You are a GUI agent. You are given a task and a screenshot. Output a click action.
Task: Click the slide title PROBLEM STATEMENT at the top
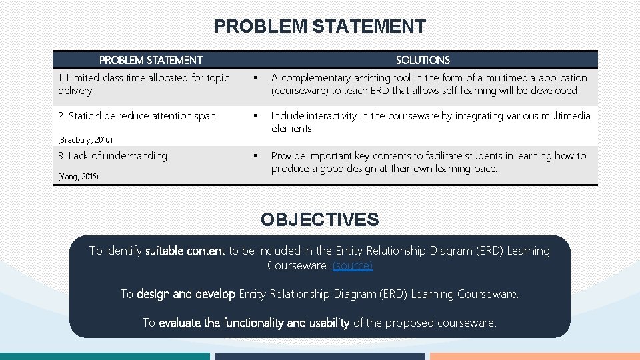(x=319, y=27)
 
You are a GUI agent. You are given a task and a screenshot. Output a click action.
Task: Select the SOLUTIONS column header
(x=423, y=60)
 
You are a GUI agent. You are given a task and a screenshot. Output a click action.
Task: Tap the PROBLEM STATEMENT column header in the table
(x=151, y=60)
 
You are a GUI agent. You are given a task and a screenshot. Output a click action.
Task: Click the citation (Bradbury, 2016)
(x=85, y=140)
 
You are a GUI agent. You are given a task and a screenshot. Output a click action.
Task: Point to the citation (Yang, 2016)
(x=78, y=177)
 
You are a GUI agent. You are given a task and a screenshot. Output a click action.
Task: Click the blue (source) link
(x=353, y=265)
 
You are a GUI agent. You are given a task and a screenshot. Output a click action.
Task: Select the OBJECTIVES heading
(x=319, y=219)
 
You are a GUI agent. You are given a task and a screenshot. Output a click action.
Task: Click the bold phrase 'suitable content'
(x=185, y=251)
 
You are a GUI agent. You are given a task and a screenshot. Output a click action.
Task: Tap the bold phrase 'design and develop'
(x=186, y=294)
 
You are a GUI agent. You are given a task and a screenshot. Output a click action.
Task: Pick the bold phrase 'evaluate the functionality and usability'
(x=254, y=323)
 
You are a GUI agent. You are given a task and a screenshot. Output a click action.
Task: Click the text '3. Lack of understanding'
(x=113, y=156)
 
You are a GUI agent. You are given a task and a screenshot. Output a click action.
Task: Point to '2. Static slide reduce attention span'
(x=137, y=116)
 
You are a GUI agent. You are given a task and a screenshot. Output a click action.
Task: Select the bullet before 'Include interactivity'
(x=255, y=116)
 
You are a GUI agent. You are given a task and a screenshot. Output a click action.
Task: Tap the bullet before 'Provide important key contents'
(x=255, y=156)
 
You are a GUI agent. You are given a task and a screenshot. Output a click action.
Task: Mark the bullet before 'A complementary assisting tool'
(x=255, y=78)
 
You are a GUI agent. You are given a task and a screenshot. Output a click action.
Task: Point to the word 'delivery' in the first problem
(x=75, y=91)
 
